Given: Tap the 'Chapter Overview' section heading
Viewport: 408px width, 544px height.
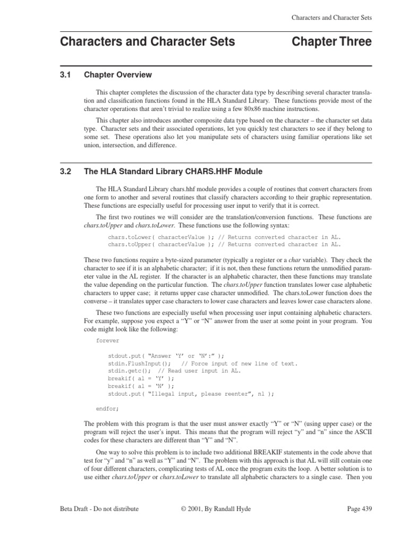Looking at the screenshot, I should click(118, 75).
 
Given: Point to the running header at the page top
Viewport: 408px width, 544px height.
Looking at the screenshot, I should click(331, 18).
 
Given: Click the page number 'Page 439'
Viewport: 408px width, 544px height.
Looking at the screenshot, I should click(359, 508).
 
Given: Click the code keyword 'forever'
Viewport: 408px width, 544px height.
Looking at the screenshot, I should click(108, 341).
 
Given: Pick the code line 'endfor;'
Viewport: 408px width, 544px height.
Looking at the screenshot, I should click(108, 409).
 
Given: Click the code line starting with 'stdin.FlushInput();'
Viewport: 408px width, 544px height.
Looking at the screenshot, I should click(202, 363).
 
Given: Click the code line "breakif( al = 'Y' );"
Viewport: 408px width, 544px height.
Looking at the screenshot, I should click(140, 378).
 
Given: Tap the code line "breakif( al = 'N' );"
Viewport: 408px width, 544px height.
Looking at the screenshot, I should click(140, 386).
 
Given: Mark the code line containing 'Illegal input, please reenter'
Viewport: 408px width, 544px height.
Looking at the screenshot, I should click(191, 394).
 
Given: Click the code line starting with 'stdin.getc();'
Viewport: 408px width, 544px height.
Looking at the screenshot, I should click(174, 371).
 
